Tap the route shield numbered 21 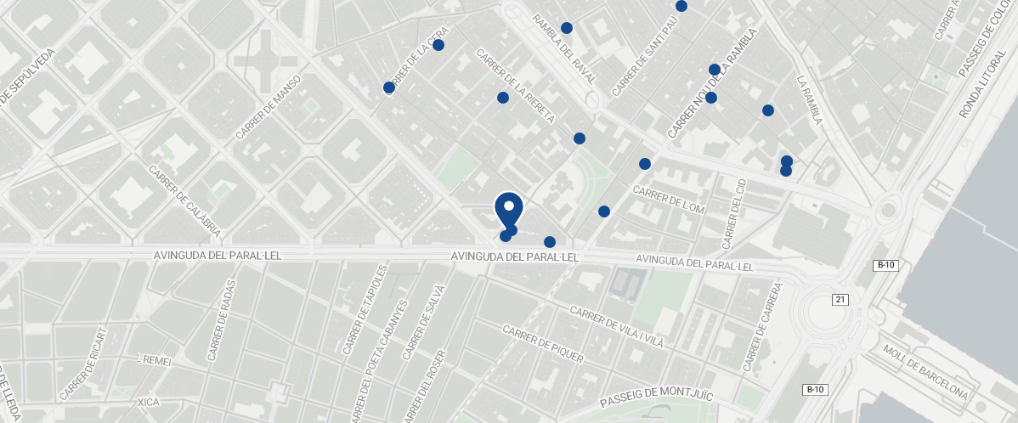pos(840,299)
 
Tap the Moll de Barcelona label pos(925,373)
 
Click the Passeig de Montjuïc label pos(656,395)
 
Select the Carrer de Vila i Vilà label pos(616,328)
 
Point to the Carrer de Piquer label pos(543,344)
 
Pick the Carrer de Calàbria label pos(184,200)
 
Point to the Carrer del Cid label pos(733,214)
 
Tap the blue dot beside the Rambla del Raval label pos(567,28)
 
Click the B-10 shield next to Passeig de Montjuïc pos(815,390)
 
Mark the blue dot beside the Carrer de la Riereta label pos(503,99)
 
